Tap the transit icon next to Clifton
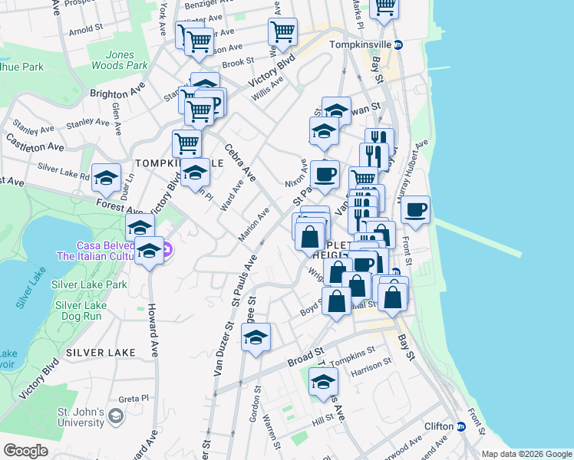(x=460, y=426)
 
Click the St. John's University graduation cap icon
(x=115, y=416)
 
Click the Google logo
(x=26, y=450)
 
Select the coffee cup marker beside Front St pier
(x=415, y=209)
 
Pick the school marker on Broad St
(x=256, y=337)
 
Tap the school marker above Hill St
(x=324, y=380)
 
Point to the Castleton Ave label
(x=35, y=143)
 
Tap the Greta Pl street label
(x=133, y=399)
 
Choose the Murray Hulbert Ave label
(x=411, y=177)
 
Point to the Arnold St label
(x=86, y=30)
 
